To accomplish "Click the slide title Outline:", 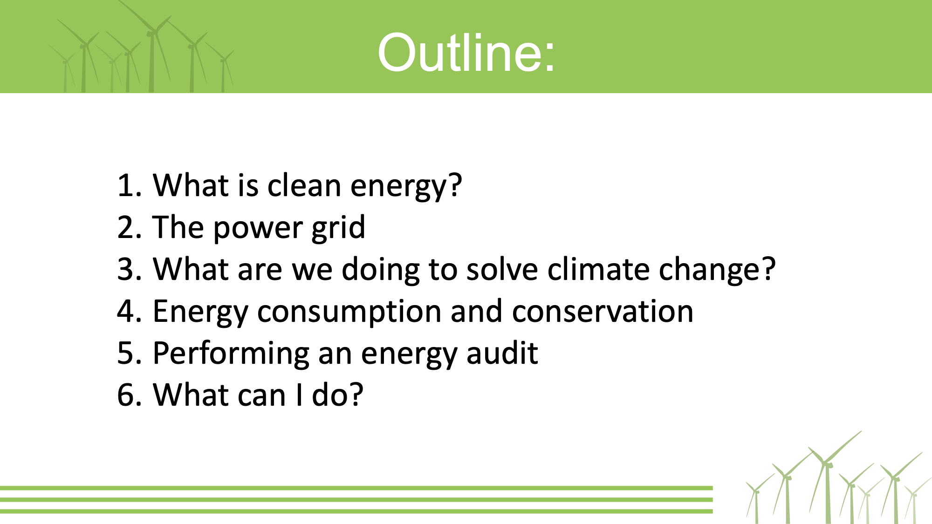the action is point(466,52).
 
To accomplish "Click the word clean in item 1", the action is point(304,185).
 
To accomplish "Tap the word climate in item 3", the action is point(598,269).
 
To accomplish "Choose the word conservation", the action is point(603,311).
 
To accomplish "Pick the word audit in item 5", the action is point(502,353).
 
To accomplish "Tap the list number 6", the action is point(126,395).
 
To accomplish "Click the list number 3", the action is point(126,269).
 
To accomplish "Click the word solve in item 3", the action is point(502,269).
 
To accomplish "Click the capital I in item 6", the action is point(299,395).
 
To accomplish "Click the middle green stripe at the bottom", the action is point(356,500).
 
